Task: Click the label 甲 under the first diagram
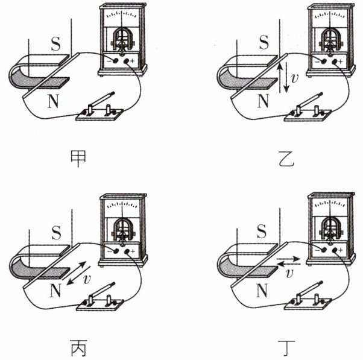[x=78, y=159]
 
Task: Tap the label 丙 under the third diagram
[x=78, y=348]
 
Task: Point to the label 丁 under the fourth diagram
[x=286, y=348]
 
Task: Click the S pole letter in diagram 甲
[x=55, y=43]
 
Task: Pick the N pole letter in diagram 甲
[x=53, y=101]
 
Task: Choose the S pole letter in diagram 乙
[x=264, y=42]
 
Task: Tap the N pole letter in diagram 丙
[x=55, y=290]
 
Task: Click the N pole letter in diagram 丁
[x=262, y=290]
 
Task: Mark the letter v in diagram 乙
[x=295, y=78]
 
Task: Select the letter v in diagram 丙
[x=87, y=279]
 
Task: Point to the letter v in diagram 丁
[x=289, y=273]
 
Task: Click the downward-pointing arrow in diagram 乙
[x=286, y=77]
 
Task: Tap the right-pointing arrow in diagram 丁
[x=288, y=259]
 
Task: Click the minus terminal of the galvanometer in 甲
[x=115, y=61]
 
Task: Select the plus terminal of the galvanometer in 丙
[x=127, y=251]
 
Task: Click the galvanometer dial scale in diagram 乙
[x=330, y=15]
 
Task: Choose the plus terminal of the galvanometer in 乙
[x=335, y=62]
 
